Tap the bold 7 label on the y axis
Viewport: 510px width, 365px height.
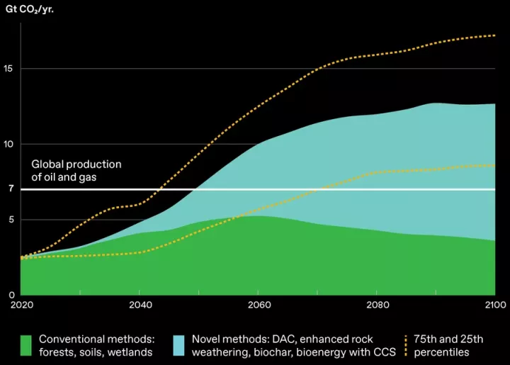click(x=11, y=189)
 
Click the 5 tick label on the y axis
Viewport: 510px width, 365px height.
click(x=11, y=220)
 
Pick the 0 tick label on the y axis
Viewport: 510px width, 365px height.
click(x=11, y=295)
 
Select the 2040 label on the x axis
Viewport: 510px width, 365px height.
click(x=139, y=305)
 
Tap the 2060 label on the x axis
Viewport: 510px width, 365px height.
click(x=258, y=305)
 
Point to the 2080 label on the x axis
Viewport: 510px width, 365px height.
click(x=377, y=305)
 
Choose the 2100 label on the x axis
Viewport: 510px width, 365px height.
click(x=494, y=305)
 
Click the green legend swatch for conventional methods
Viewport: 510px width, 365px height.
click(x=26, y=345)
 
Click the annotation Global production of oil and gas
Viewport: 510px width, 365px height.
click(x=76, y=171)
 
